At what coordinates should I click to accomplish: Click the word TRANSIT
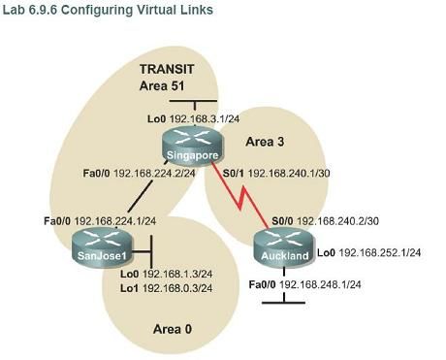click(166, 71)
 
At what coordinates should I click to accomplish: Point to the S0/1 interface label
click(233, 176)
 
